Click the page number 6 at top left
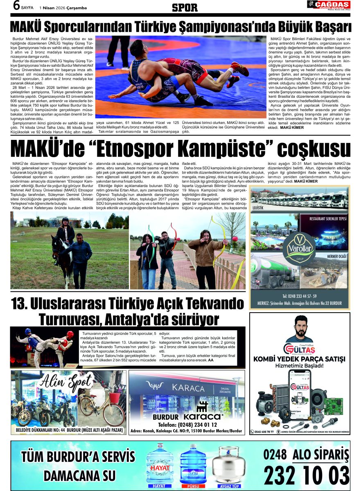17,6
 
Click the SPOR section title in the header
185,7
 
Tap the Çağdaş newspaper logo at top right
329,5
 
